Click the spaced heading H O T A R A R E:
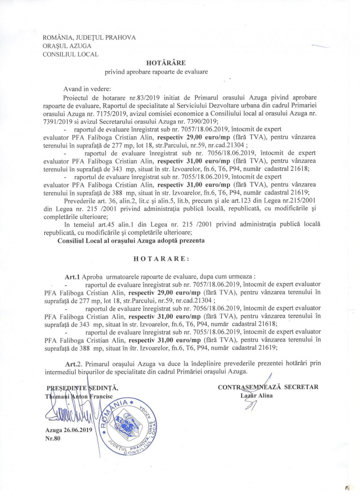click(161, 259)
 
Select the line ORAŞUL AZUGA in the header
click(67, 46)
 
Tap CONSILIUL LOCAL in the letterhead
click(70, 54)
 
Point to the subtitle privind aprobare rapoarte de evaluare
click(156, 72)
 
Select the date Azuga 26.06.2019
click(69, 430)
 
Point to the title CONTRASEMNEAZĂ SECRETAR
click(268, 387)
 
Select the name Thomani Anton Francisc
click(79, 396)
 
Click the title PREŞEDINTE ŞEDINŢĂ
click(82, 387)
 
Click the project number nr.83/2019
click(130, 97)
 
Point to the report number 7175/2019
click(112, 113)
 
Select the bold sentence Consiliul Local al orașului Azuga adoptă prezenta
click(131, 241)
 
